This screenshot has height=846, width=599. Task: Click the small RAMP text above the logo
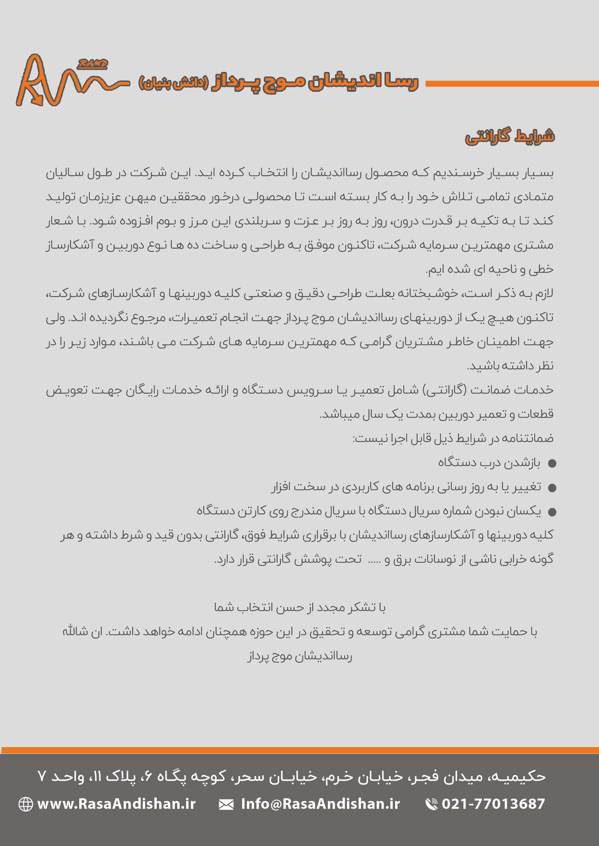(x=92, y=64)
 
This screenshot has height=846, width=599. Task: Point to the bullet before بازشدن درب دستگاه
(x=552, y=464)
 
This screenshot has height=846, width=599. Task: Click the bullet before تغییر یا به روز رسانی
(x=552, y=488)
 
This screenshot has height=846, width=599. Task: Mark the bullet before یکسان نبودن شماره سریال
(x=552, y=512)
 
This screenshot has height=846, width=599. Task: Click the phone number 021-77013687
(x=493, y=804)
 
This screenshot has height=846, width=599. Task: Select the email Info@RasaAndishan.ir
(x=320, y=804)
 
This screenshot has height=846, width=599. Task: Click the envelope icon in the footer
(x=226, y=804)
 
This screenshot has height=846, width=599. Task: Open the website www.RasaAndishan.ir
(x=116, y=804)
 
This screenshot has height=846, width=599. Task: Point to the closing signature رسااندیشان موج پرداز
(x=299, y=656)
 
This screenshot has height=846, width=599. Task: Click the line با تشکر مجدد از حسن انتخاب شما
(x=299, y=608)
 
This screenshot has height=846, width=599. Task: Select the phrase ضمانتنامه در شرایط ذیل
(x=494, y=438)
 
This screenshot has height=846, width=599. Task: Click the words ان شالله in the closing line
(x=82, y=631)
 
